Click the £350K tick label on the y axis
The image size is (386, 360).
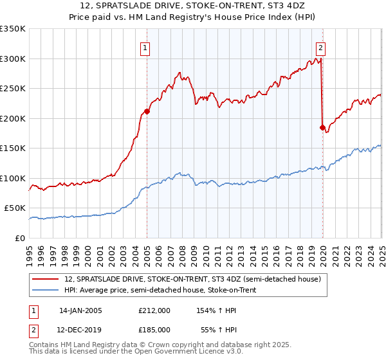(13, 29)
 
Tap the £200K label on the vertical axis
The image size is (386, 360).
(13, 118)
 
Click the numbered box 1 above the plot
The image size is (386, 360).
(145, 47)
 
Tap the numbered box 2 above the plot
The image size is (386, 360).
(320, 47)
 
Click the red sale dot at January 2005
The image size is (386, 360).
(147, 111)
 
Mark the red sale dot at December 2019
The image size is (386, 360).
(322, 127)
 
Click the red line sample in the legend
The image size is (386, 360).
(45, 279)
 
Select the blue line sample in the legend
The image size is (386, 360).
(45, 290)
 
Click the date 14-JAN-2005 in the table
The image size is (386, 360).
(80, 310)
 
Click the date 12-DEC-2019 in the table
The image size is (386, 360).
(80, 329)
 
